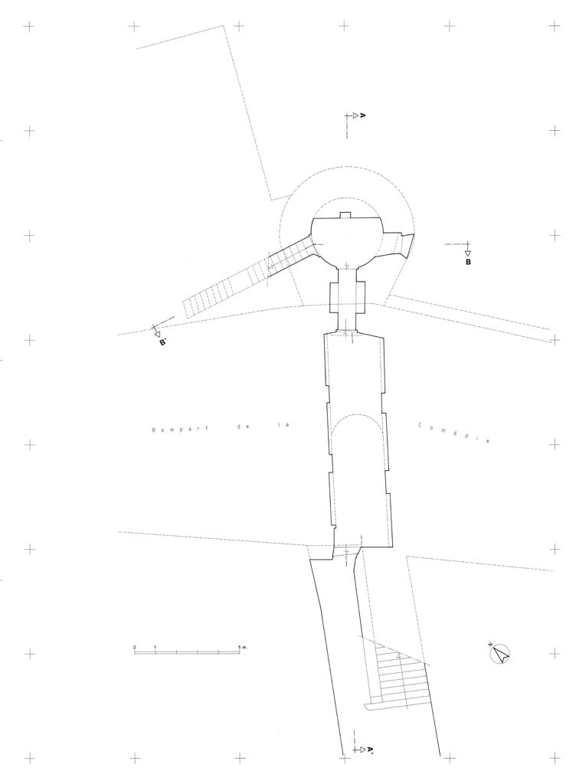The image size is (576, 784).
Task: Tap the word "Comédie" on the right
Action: tap(453, 433)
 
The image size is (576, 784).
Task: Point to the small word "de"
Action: tap(241, 427)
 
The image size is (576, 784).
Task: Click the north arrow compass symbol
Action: tap(499, 654)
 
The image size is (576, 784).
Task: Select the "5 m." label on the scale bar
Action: tap(243, 647)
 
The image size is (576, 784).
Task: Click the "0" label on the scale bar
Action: tap(135, 647)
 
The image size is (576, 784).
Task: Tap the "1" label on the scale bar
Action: tap(155, 647)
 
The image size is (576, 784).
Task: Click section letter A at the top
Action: tap(363, 116)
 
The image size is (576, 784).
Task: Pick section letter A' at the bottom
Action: tap(371, 750)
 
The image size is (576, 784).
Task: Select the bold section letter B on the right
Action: tap(468, 262)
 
